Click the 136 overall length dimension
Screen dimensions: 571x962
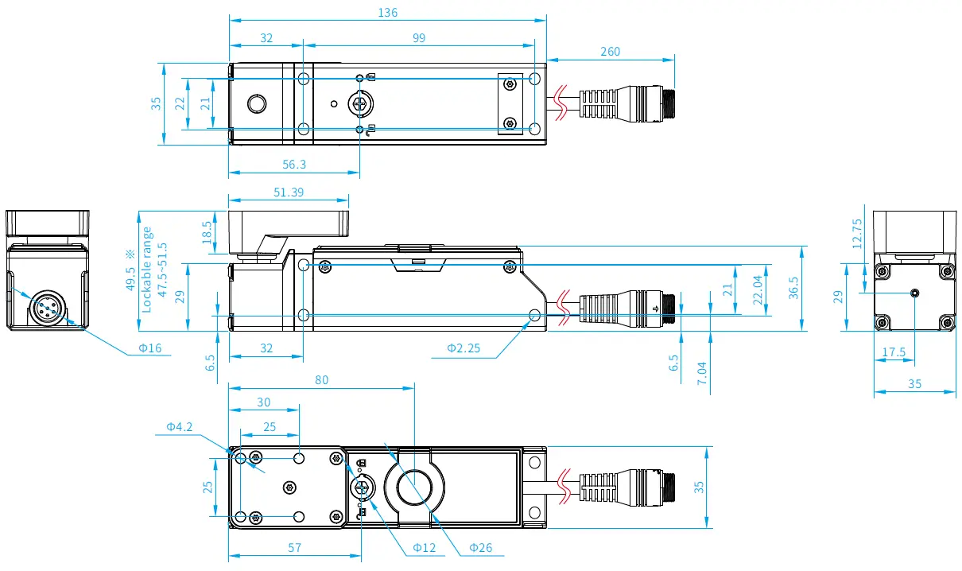pyautogui.click(x=388, y=12)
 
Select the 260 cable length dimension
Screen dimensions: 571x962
pyautogui.click(x=610, y=52)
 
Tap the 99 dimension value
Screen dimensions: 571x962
pyautogui.click(x=419, y=37)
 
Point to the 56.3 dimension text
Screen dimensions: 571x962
pyautogui.click(x=293, y=165)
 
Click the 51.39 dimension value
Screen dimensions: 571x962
pyautogui.click(x=288, y=192)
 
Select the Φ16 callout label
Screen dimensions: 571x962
pyautogui.click(x=149, y=348)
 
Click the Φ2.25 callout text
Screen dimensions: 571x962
pyautogui.click(x=462, y=348)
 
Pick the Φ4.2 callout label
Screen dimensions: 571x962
pyautogui.click(x=179, y=427)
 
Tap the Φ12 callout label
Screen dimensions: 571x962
pyautogui.click(x=425, y=547)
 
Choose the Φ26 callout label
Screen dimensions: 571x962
pyautogui.click(x=480, y=547)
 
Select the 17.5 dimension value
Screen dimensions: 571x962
pyautogui.click(x=894, y=351)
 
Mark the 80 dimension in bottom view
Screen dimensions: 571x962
pyautogui.click(x=321, y=380)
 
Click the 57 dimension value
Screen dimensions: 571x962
pyautogui.click(x=294, y=547)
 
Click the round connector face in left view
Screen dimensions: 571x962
pyautogui.click(x=46, y=308)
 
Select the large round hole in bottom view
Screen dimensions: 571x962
pyautogui.click(x=414, y=487)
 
